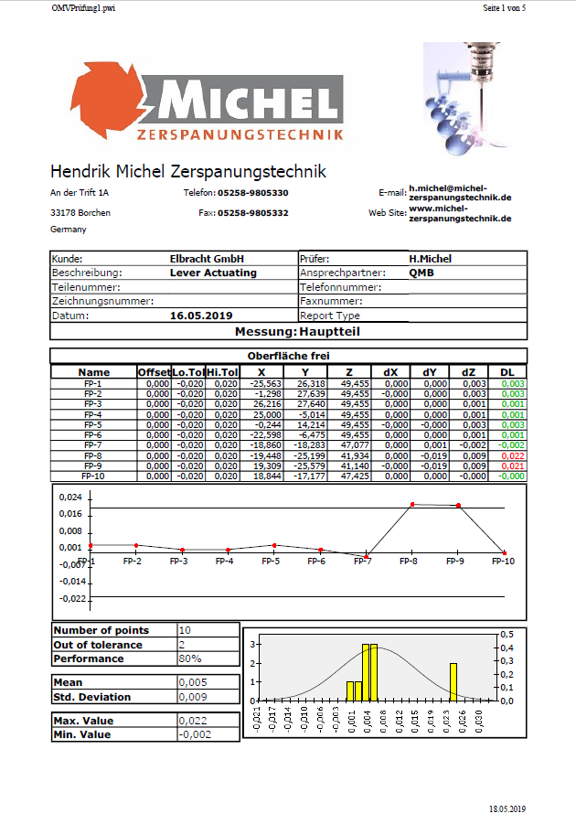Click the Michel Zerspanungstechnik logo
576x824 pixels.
click(207, 108)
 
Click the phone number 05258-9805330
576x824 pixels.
click(253, 193)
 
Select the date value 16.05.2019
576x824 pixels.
click(201, 316)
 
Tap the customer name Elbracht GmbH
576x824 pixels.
click(208, 259)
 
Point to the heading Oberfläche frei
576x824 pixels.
click(289, 356)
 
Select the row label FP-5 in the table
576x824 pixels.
click(93, 425)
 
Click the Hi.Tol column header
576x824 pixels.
click(223, 372)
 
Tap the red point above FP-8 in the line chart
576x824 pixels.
click(413, 504)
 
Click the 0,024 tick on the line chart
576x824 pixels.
click(69, 498)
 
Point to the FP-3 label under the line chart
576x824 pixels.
click(179, 561)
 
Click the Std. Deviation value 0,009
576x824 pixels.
click(192, 697)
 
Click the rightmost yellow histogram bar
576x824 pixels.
click(453, 682)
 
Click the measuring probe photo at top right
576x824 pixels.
click(462, 91)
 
